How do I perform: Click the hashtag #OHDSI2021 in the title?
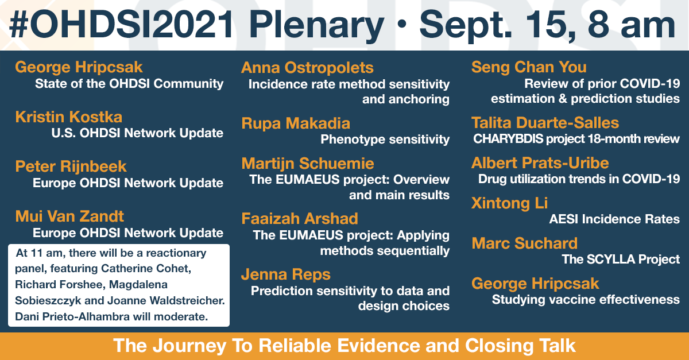[x=121, y=24]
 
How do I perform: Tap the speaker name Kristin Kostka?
[x=68, y=117]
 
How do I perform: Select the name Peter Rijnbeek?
[x=71, y=167]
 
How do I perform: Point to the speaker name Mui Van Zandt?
[x=69, y=216]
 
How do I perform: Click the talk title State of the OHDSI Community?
[x=129, y=84]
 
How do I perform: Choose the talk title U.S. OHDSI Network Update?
[x=137, y=133]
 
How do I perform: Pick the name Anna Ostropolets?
[x=307, y=68]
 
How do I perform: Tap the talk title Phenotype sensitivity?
[x=385, y=140]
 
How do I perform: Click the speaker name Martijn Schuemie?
[x=308, y=164]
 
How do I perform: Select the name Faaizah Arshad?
[x=300, y=219]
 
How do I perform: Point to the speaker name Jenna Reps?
[x=286, y=274]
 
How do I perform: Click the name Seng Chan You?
[x=529, y=67]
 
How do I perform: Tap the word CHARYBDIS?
[x=508, y=139]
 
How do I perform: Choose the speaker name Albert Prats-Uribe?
[x=540, y=163]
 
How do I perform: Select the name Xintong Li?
[x=510, y=203]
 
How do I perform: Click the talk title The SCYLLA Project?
[x=621, y=260]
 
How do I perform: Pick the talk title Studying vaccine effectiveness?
[x=586, y=299]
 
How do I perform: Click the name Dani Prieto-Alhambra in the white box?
[x=72, y=316]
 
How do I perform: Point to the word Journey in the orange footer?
[x=189, y=346]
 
